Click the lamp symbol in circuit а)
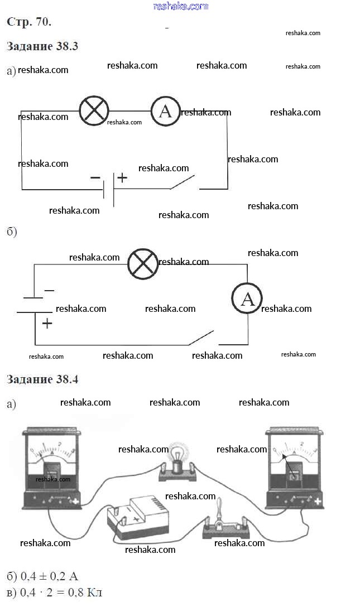(x=94, y=110)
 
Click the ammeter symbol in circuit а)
(x=165, y=111)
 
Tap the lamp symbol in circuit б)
(x=143, y=264)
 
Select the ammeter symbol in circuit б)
(x=247, y=299)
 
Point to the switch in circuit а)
(x=183, y=182)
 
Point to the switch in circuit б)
(x=201, y=337)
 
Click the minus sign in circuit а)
(x=95, y=177)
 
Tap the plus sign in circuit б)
(x=47, y=323)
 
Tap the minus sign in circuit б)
(x=49, y=290)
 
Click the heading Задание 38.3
(x=42, y=46)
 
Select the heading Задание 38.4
(x=42, y=379)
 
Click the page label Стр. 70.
(x=29, y=22)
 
